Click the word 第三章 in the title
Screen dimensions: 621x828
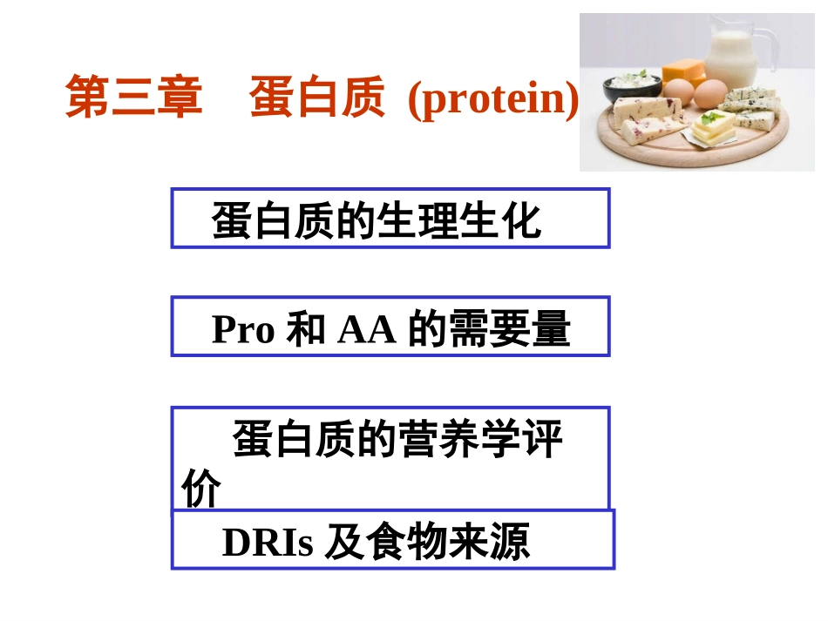tap(134, 98)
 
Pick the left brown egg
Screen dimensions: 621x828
tap(680, 90)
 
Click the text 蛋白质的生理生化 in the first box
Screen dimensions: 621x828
tap(377, 221)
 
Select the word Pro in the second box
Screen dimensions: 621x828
tap(243, 330)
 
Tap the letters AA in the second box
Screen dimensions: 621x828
tap(366, 330)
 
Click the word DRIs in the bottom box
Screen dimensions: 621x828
tap(268, 543)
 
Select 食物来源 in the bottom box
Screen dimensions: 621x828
tap(450, 543)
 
